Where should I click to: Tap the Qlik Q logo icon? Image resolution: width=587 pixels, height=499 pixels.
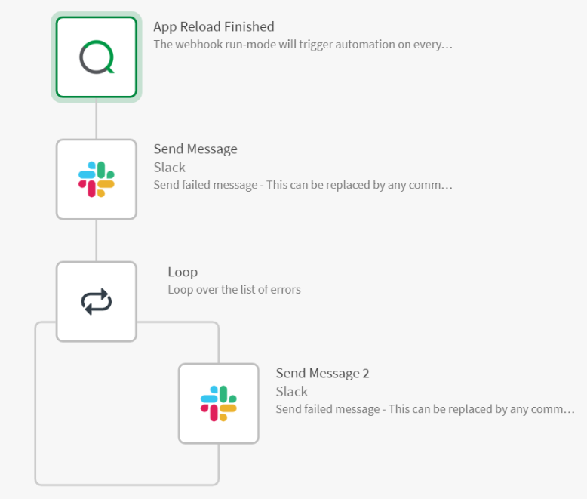click(97, 58)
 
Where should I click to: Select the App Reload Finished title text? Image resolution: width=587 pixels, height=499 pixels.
click(214, 27)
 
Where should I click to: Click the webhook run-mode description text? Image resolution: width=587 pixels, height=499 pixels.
click(303, 45)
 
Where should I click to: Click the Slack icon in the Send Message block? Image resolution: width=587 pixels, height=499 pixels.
click(97, 180)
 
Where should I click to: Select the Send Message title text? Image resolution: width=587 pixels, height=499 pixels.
click(195, 149)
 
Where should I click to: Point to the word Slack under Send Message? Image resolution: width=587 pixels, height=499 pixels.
click(169, 168)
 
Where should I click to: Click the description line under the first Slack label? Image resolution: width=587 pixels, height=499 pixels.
click(303, 185)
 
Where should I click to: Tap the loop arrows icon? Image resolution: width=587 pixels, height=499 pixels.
click(97, 302)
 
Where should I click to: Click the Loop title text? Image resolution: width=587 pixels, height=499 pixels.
click(182, 273)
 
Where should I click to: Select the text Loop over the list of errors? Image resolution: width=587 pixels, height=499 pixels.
click(234, 289)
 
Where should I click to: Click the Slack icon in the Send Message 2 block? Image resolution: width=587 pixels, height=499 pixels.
click(219, 404)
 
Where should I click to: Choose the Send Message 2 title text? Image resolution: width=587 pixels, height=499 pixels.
click(322, 374)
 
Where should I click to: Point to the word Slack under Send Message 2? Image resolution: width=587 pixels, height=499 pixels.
click(291, 392)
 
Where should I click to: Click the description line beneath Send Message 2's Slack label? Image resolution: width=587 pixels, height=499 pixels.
click(425, 409)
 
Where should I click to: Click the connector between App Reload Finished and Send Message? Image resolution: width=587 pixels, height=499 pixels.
click(97, 121)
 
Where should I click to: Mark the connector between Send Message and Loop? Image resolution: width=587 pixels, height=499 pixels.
click(97, 241)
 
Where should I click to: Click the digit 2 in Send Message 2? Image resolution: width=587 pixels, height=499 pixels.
click(365, 374)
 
